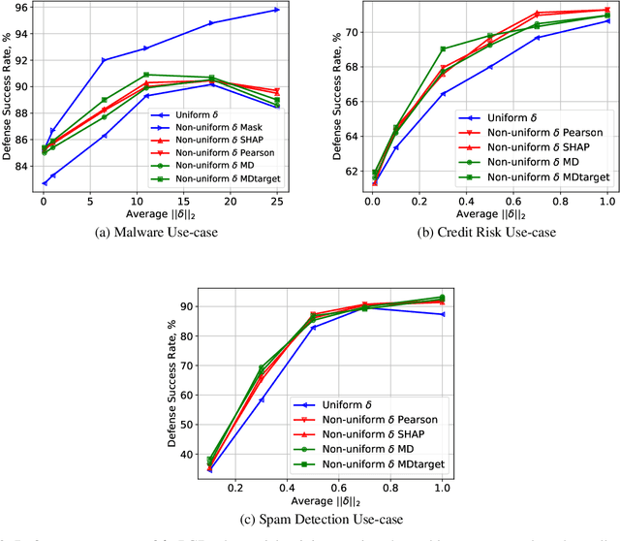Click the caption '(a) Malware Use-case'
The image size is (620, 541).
[159, 232]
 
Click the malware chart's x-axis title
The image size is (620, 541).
[159, 213]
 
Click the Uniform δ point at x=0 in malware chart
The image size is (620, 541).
[44, 182]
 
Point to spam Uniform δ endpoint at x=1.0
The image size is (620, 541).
[442, 314]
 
